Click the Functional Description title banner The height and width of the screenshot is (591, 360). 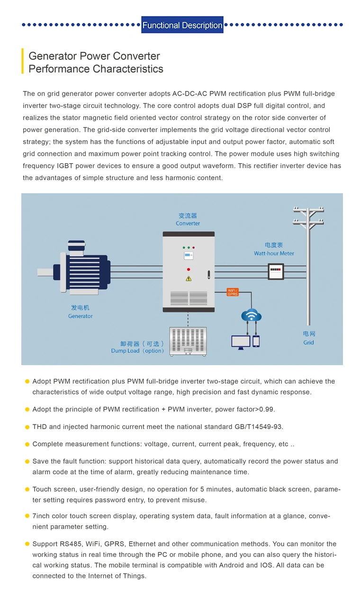tap(182, 25)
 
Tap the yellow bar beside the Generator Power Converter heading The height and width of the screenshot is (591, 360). tap(22, 61)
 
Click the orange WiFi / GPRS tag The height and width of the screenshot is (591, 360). tap(233, 292)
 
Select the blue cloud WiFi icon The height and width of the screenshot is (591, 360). tap(251, 315)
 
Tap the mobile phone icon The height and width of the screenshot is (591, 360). tap(256, 341)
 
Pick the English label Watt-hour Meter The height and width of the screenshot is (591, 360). tap(274, 253)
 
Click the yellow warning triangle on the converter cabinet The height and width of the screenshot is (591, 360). tap(189, 278)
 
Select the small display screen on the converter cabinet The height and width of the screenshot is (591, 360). tap(189, 256)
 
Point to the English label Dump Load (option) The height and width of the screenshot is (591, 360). tap(138, 351)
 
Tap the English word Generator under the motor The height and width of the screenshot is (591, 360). tap(81, 316)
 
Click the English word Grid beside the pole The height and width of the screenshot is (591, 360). tap(308, 342)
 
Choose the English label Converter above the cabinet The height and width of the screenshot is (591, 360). tap(188, 224)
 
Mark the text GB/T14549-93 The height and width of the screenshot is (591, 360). tap(258, 427)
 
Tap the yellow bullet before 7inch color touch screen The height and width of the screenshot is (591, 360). tap(27, 516)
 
